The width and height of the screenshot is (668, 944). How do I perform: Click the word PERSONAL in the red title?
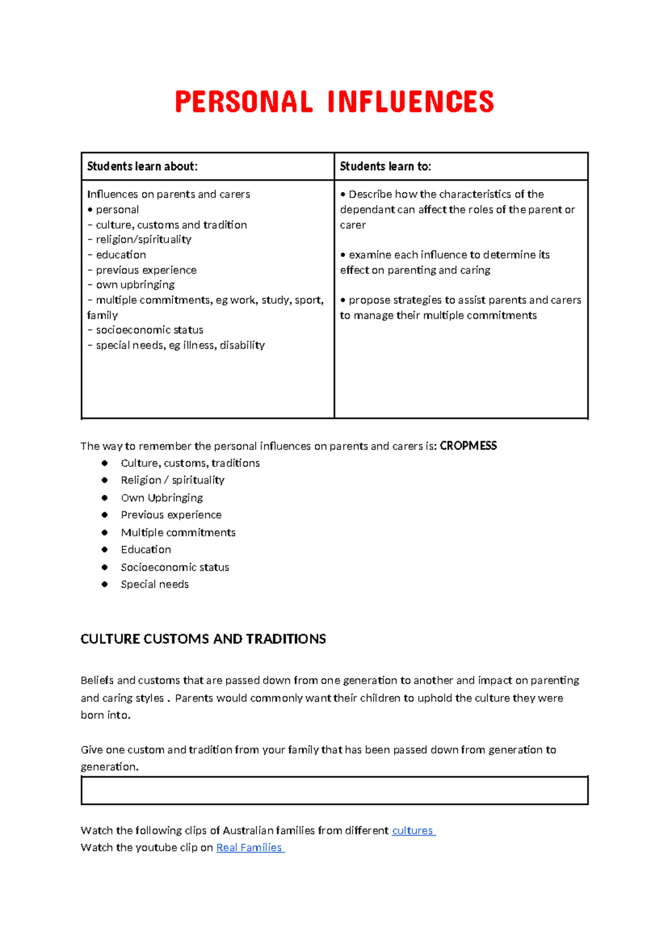(x=244, y=102)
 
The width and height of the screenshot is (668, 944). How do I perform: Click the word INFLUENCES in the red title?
(x=411, y=102)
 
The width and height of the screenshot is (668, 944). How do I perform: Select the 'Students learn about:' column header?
(x=143, y=166)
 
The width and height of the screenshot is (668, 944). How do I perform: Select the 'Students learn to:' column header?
(x=385, y=166)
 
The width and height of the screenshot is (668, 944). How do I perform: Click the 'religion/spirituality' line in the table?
(x=143, y=239)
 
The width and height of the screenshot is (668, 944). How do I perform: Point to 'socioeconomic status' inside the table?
(x=149, y=330)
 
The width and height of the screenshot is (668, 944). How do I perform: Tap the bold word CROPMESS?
(x=468, y=446)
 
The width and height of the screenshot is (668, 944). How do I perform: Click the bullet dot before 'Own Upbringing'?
(x=105, y=498)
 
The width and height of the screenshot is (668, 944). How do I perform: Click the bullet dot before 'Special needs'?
(x=105, y=584)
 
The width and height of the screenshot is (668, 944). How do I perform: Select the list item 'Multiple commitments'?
(x=178, y=533)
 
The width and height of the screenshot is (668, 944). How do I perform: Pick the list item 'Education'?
(x=146, y=550)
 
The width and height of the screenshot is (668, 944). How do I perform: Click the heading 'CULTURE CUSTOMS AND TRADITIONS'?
(x=203, y=639)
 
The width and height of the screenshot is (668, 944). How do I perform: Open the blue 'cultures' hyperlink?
(x=412, y=830)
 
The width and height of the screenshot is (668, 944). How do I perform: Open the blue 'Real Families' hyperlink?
(x=249, y=848)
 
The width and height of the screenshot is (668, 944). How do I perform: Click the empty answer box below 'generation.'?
(x=334, y=790)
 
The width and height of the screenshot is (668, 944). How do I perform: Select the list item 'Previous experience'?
(x=171, y=515)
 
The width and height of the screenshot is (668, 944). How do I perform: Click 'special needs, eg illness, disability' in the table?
(x=180, y=346)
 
